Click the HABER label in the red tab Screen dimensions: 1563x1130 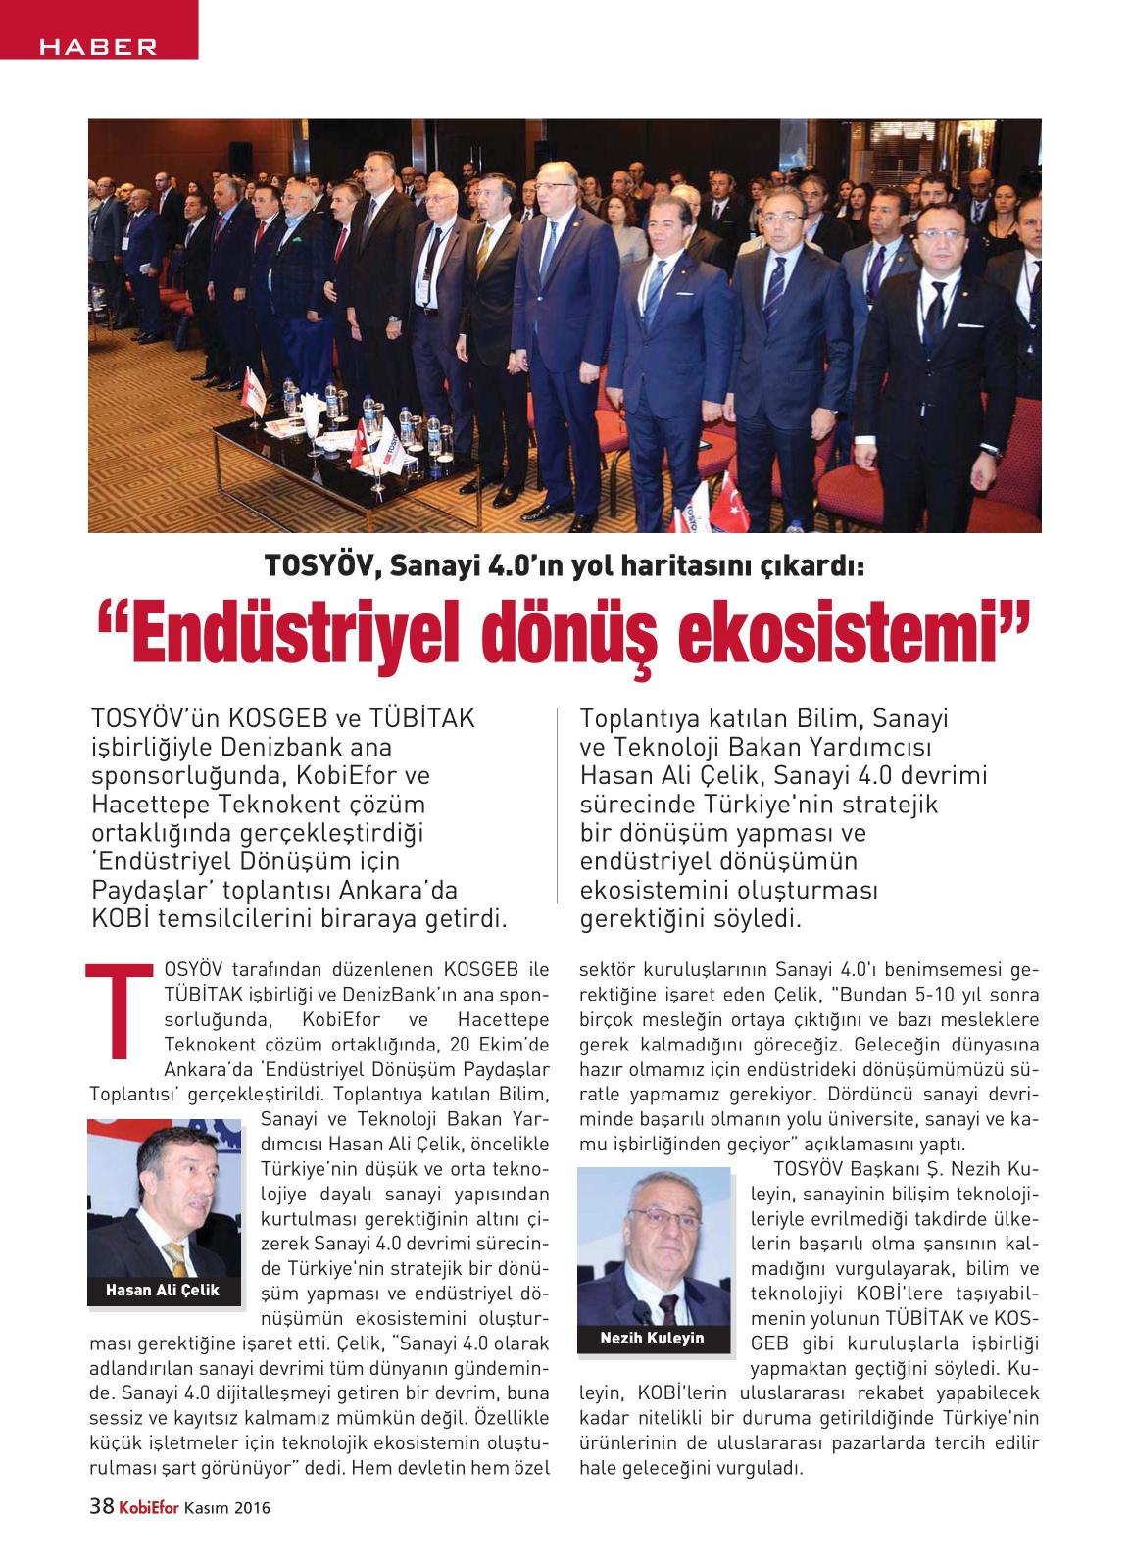pyautogui.click(x=98, y=46)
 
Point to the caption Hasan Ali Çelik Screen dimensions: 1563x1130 pyautogui.click(x=163, y=1290)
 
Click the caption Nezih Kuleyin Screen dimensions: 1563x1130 pyautogui.click(x=653, y=1337)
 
